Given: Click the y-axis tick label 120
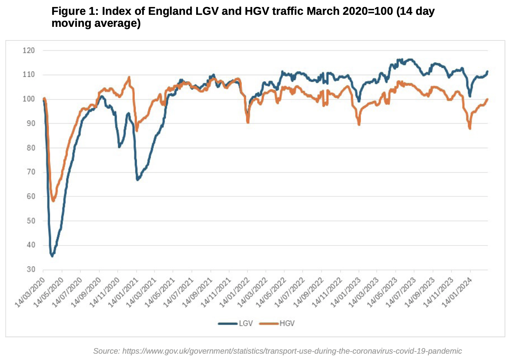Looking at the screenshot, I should (28, 51).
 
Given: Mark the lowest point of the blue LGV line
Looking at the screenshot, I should (52, 256).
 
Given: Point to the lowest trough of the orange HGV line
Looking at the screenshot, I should (53, 201).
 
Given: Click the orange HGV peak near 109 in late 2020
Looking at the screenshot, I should (129, 77).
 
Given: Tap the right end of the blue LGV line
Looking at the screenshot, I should (487, 71).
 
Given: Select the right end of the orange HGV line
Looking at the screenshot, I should (487, 99).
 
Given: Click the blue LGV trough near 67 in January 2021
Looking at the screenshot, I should (137, 180).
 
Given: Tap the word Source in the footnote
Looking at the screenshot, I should (106, 351).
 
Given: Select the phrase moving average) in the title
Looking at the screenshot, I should (96, 23).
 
